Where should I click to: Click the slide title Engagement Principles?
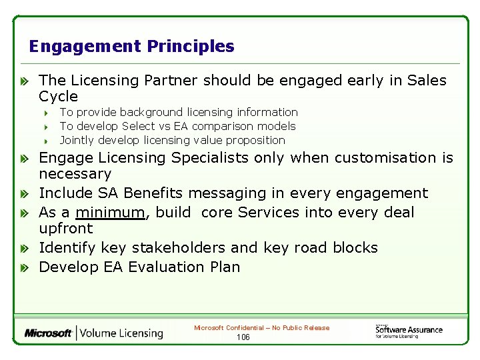131,47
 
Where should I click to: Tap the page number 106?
243,337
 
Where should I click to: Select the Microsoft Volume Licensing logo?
93,333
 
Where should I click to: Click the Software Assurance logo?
409,330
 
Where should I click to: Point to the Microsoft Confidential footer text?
261,328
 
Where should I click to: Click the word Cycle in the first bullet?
58,96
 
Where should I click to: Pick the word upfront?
65,229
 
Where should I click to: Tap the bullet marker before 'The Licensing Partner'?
23,81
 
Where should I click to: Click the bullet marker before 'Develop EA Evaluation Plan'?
23,267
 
